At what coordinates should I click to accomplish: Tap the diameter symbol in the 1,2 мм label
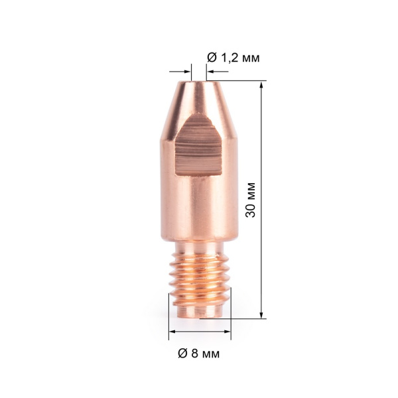(212, 58)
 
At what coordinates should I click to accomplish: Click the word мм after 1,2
(249, 58)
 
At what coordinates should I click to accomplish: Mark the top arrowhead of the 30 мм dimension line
(263, 86)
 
